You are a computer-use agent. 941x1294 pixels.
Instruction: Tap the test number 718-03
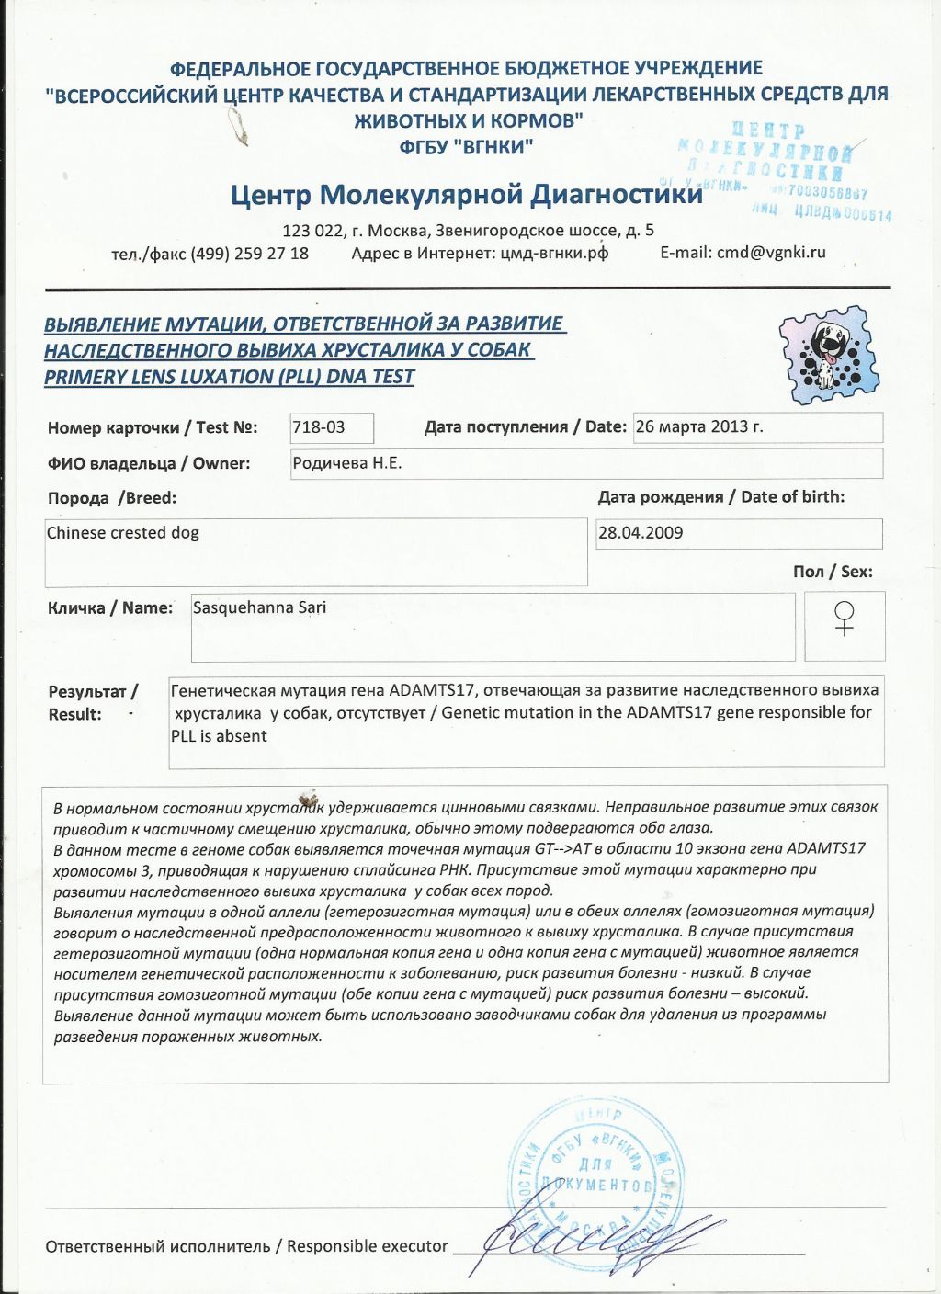click(319, 427)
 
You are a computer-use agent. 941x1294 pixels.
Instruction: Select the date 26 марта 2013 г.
click(699, 426)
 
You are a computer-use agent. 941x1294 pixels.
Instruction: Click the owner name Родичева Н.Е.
click(347, 463)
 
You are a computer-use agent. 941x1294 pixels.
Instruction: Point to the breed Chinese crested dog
click(123, 533)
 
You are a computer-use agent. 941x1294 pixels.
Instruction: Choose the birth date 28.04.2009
click(641, 533)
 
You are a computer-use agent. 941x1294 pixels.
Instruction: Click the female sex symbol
click(845, 619)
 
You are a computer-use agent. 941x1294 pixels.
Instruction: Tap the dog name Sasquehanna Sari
click(260, 607)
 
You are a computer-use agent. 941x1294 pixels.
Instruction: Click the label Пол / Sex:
click(833, 572)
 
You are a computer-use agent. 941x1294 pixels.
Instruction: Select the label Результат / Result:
click(92, 703)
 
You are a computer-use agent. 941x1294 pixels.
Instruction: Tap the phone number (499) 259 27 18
click(250, 254)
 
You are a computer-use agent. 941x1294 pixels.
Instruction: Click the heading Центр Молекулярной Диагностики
click(465, 196)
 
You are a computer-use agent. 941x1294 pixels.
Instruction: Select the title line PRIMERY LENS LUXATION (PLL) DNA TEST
click(230, 377)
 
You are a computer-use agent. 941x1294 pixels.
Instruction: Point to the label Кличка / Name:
click(110, 608)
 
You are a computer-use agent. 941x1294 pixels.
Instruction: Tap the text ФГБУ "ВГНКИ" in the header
click(466, 147)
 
